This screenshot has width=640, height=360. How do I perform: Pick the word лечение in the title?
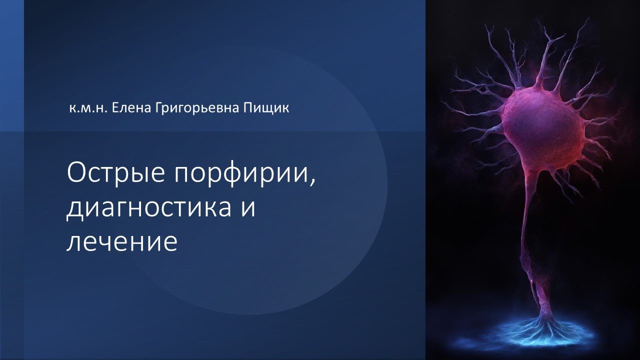click(x=122, y=242)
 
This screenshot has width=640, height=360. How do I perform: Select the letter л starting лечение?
click(x=73, y=242)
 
